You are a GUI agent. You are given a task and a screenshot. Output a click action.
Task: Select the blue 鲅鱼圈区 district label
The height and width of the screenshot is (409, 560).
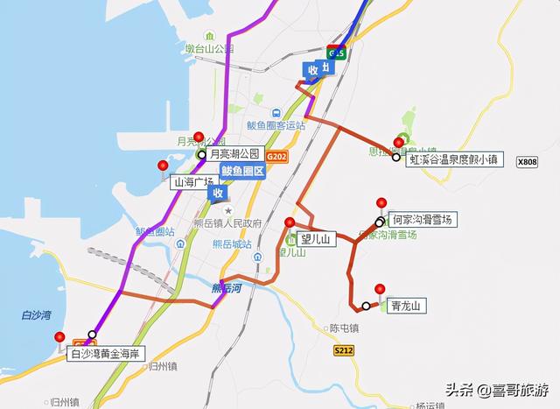tap(242, 172)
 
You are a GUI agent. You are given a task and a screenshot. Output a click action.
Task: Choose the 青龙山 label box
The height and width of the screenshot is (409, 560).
tap(406, 306)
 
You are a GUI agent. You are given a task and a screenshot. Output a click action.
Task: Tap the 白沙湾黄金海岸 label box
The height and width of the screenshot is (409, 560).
tap(106, 355)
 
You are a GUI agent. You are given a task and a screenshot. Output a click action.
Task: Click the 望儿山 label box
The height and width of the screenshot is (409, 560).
tap(313, 238)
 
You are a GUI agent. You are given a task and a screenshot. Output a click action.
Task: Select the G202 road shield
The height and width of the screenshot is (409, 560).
tap(277, 156)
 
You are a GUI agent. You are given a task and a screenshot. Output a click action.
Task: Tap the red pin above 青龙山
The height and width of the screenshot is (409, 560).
tap(380, 289)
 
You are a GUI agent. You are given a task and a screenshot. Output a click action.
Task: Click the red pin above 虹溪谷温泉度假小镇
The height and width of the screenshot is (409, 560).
tap(399, 142)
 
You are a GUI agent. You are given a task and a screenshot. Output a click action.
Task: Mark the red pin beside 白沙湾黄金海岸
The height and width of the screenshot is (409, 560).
tap(59, 337)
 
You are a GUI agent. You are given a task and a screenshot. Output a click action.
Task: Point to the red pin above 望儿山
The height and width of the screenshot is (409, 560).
tap(290, 222)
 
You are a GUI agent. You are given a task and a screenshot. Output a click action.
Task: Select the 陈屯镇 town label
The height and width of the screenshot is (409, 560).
tap(346, 328)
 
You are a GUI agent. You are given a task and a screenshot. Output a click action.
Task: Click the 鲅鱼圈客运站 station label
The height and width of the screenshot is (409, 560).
tap(276, 125)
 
